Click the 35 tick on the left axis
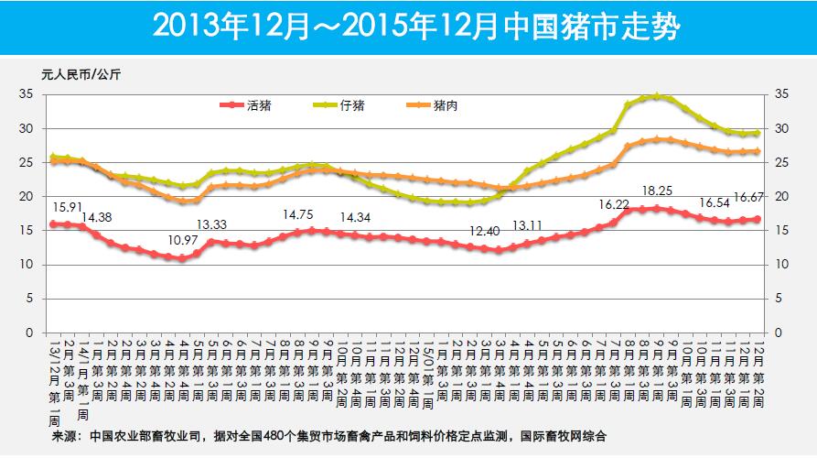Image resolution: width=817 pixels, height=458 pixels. point(27,94)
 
